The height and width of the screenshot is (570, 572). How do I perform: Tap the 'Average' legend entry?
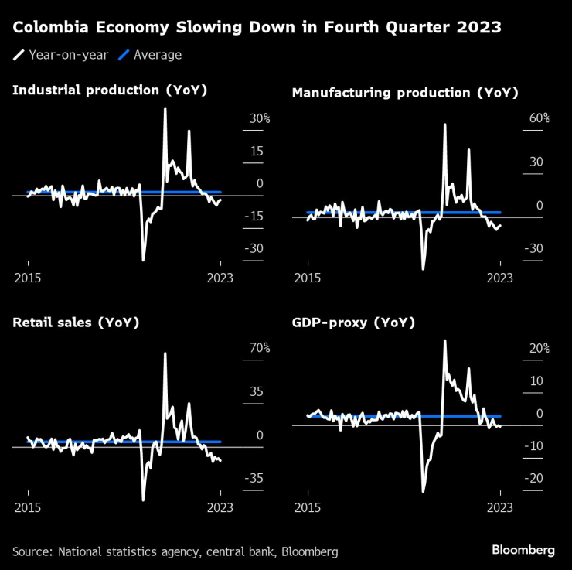pos(158,55)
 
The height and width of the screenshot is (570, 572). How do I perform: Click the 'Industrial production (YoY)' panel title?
pos(110,90)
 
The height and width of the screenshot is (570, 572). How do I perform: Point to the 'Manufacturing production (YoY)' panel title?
pos(404,93)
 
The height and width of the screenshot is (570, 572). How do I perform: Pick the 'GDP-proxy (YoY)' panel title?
pos(353,323)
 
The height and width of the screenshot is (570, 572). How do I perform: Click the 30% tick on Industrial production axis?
pos(258,118)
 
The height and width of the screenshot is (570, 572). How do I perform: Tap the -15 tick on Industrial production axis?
pos(256,216)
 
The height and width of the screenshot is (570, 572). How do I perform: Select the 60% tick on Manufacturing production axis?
pos(538,118)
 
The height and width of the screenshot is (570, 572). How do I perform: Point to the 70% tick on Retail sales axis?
pos(258,348)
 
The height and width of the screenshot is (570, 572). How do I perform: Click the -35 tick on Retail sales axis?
pos(256,479)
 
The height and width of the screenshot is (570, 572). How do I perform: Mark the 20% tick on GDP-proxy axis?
pos(538,348)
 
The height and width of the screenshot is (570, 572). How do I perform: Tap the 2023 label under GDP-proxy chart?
pos(500,507)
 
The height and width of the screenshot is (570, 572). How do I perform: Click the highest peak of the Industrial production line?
pos(165,109)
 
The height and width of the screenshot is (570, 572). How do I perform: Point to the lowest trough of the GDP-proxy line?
pos(422,490)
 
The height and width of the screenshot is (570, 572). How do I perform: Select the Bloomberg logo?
pos(523,550)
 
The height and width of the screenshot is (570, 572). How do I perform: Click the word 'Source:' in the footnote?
pos(30,551)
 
